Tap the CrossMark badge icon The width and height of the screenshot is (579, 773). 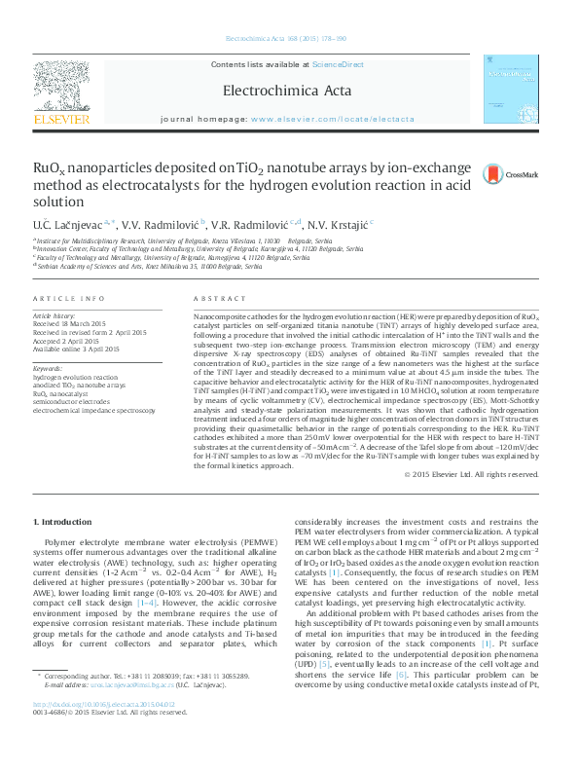click(493, 173)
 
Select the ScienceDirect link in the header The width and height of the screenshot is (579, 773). click(338, 64)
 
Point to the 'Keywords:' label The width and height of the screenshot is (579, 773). click(50, 369)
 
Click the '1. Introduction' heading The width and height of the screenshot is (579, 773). click(64, 522)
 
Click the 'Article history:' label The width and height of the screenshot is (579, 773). click(54, 316)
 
